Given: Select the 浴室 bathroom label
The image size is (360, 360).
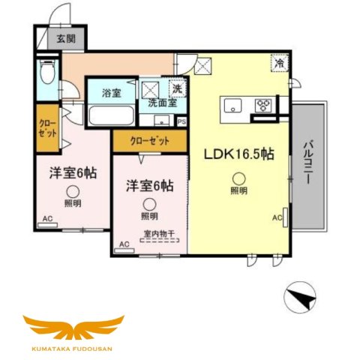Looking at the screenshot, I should (x=112, y=93).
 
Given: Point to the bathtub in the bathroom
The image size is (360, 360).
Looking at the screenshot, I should (x=112, y=116).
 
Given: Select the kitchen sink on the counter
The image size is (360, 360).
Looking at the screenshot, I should (x=232, y=103).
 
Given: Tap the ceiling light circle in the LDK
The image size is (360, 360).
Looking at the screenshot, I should (x=238, y=178).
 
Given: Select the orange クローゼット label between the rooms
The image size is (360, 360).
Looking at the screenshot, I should (x=149, y=140).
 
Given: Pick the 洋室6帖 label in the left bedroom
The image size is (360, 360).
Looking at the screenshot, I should (x=73, y=172).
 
